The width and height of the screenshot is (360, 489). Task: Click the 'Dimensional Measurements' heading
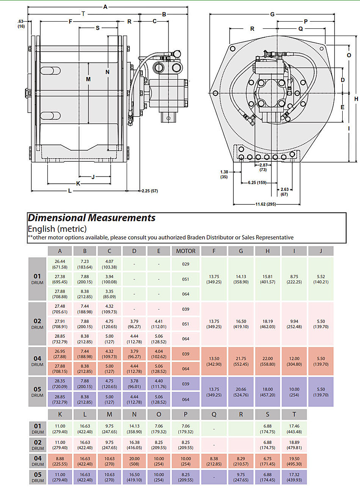tap(91, 218)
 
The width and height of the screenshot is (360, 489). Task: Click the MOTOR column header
tap(186, 251)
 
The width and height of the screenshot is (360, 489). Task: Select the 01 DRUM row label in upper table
tap(37, 279)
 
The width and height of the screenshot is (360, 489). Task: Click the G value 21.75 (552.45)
tap(241, 361)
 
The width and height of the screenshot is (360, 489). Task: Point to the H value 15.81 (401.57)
tap(268, 279)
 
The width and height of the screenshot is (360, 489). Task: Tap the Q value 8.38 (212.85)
tap(214, 461)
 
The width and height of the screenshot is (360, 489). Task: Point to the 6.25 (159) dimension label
tap(257, 183)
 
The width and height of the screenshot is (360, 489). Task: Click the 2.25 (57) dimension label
tap(150, 191)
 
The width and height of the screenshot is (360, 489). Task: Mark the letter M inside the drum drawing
tap(88, 79)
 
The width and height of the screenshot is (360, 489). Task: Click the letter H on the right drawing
tap(356, 99)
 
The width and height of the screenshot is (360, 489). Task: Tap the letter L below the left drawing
tap(70, 191)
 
